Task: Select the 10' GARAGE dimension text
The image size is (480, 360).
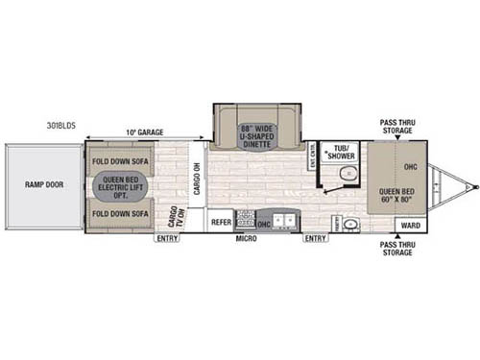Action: [143, 132]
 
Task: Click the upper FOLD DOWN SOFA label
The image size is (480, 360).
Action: [122, 159]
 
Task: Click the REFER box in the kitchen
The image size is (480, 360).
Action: [221, 220]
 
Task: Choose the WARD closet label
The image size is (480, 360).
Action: [410, 226]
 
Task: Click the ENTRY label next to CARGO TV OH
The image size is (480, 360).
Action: [167, 238]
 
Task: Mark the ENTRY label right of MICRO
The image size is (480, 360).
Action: [315, 238]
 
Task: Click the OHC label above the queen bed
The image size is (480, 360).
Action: [411, 167]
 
